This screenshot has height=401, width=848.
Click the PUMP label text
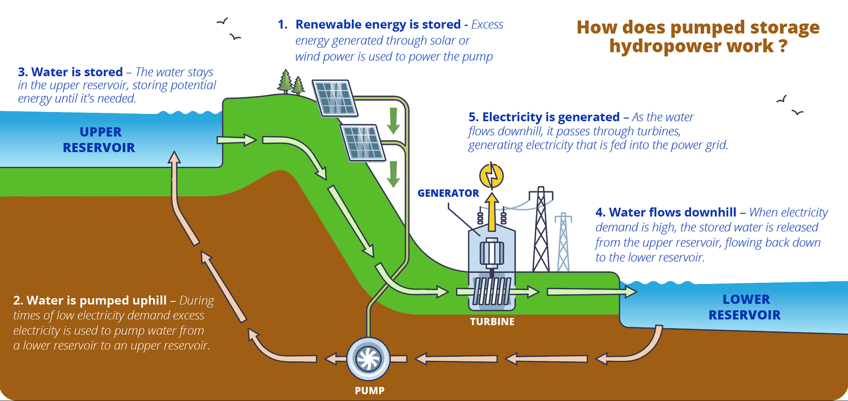pos(369,390)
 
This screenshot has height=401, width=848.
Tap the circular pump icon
pos(368,359)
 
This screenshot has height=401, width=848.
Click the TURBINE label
pos(492,322)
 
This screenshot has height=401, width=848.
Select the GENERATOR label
pos(448,193)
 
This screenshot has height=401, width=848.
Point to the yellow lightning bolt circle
pos(491,176)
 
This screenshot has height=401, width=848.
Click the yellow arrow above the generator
pos(492,212)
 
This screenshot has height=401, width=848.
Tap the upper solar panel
pos(335,98)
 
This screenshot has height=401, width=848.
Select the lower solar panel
pos(363,142)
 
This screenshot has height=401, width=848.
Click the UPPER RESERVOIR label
pos(99,140)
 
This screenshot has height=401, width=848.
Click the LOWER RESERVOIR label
pos(745,307)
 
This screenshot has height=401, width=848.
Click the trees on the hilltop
pos(291,83)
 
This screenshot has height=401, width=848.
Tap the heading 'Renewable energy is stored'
pos(377,24)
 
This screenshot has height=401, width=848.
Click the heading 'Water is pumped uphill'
pos(96,300)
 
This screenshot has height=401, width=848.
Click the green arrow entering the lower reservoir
pos(591,291)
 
